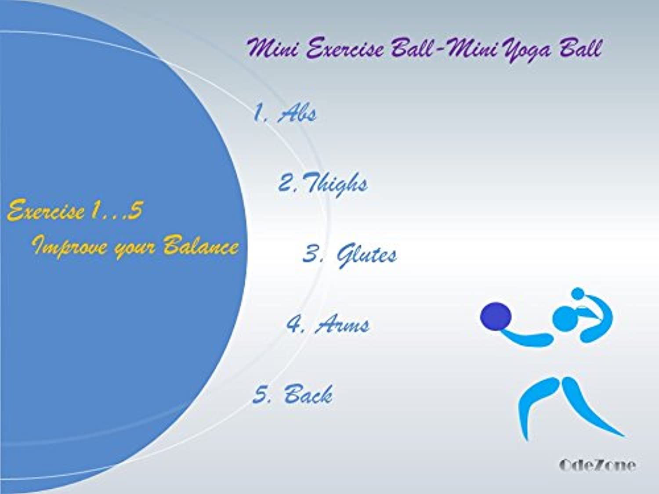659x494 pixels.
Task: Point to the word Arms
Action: click(342, 324)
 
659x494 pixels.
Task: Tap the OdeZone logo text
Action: click(597, 465)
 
